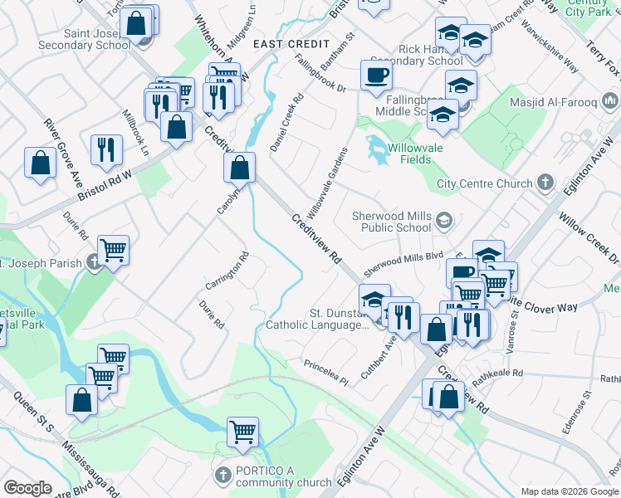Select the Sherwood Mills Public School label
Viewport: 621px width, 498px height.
[x=392, y=222]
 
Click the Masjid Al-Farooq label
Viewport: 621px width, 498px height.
[x=568, y=101]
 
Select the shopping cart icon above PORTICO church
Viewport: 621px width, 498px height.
[x=242, y=431]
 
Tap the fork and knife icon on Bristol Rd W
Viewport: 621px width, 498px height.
[x=106, y=149]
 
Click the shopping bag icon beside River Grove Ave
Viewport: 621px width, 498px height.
[x=40, y=163]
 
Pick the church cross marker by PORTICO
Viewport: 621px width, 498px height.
[x=222, y=476]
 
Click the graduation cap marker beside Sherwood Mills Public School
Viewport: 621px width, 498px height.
[x=444, y=220]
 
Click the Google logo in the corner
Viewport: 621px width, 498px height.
[x=28, y=488]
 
